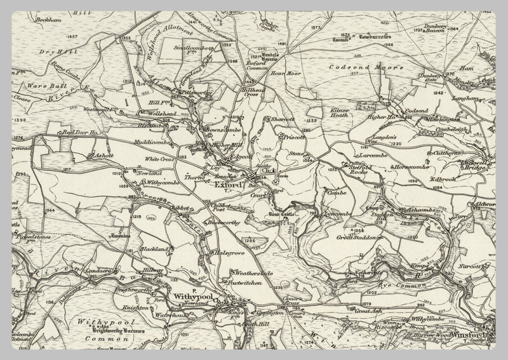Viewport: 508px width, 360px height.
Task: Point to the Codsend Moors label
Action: [x=366, y=67]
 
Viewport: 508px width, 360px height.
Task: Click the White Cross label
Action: [x=159, y=159]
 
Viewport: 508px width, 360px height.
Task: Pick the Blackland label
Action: [x=154, y=248]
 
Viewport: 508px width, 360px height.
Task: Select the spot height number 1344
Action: [x=50, y=208]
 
